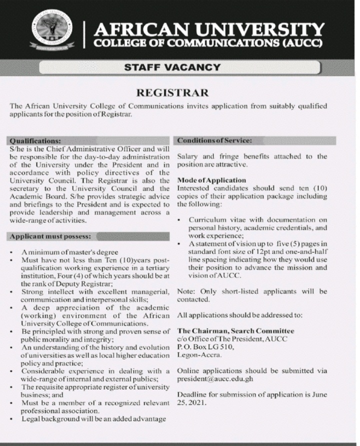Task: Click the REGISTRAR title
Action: pyautogui.click(x=172, y=93)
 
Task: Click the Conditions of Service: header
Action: pyautogui.click(x=214, y=141)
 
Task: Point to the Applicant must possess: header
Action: pyautogui.click(x=50, y=236)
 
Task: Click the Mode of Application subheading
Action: pyautogui.click(x=212, y=180)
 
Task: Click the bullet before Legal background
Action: pyautogui.click(x=11, y=419)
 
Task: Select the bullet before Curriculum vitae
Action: pyautogui.click(x=180, y=220)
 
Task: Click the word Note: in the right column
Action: pyautogui.click(x=186, y=291)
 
